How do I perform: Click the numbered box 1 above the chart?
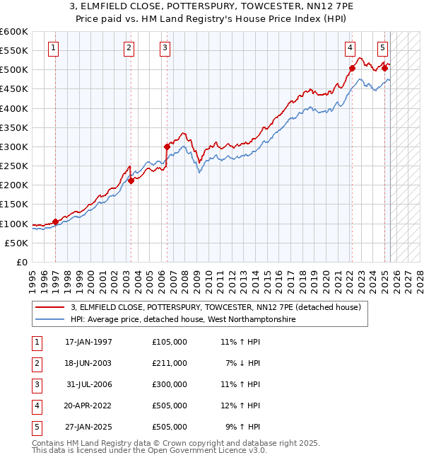(54, 49)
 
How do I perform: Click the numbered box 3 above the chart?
(165, 49)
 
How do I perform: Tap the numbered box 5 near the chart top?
(382, 49)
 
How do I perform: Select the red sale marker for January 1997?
(55, 222)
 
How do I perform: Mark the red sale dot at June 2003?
(131, 180)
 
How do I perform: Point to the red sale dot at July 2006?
(167, 146)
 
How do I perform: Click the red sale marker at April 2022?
(352, 69)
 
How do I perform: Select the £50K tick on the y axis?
(17, 243)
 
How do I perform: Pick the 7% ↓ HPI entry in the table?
(244, 363)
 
